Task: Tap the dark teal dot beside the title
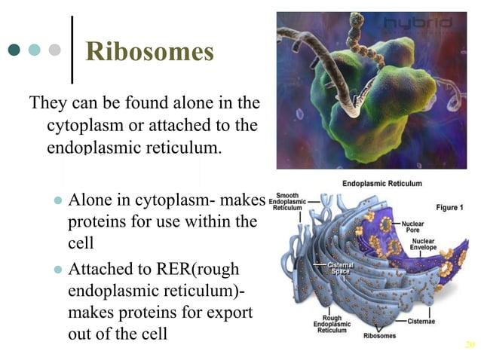(x=14, y=50)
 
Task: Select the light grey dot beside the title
(x=54, y=50)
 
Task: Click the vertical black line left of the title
(x=72, y=50)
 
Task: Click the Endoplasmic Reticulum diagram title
(x=382, y=183)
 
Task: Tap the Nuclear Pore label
(x=413, y=227)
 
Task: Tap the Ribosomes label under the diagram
(x=380, y=334)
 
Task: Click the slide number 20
(x=470, y=345)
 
